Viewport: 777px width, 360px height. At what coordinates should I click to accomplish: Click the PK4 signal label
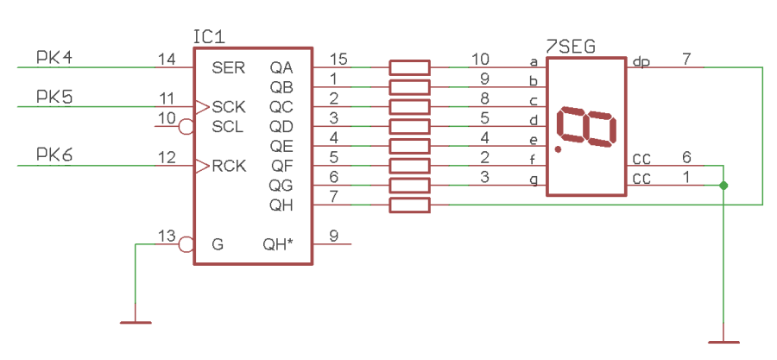54,58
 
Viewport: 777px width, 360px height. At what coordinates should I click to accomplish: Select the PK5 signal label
54,98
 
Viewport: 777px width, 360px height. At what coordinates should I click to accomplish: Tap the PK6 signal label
54,155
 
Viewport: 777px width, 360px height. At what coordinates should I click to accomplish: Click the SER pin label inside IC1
228,67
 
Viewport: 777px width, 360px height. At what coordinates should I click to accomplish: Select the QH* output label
278,244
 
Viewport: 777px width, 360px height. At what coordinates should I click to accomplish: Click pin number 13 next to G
167,236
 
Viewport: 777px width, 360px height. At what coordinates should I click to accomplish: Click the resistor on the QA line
409,67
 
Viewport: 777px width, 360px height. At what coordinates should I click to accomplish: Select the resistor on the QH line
409,205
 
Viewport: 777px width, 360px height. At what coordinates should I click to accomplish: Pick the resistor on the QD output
409,127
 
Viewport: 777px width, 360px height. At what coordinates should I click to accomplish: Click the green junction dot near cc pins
723,186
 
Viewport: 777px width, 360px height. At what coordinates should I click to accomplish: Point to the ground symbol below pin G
136,323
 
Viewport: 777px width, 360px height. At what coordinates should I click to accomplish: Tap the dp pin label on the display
641,61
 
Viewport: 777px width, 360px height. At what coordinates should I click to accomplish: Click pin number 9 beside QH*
333,236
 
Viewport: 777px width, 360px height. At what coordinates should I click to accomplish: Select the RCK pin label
229,166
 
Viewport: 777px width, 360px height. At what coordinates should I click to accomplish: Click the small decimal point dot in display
559,149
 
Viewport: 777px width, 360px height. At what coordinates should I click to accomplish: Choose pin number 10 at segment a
481,59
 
